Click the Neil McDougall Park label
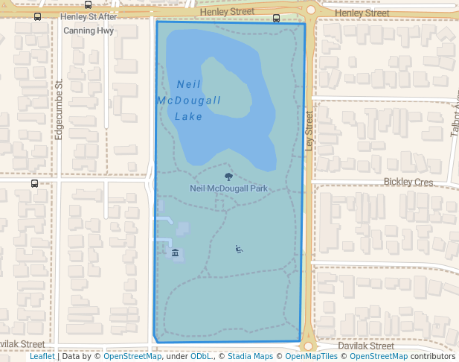tap(228, 188)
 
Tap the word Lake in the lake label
tap(189, 116)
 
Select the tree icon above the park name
tap(228, 177)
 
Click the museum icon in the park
tap(176, 253)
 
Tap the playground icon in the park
tap(239, 250)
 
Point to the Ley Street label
tap(309, 130)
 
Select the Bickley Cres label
tap(408, 182)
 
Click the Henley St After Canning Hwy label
tap(89, 23)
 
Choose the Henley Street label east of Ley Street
tap(362, 13)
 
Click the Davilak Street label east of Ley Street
tap(365, 346)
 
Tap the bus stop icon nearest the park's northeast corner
tap(277, 18)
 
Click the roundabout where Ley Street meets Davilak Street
tap(307, 345)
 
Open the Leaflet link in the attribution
tap(42, 356)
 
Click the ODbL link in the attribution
tap(201, 356)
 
